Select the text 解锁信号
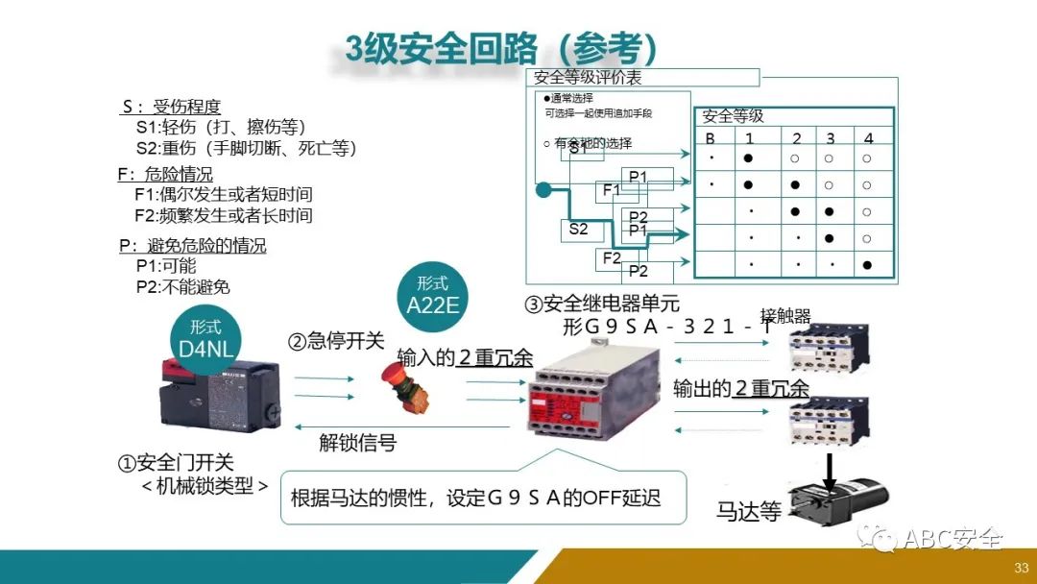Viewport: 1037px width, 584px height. point(357,443)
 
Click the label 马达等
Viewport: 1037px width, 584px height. point(748,511)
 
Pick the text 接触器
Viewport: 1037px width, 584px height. point(785,316)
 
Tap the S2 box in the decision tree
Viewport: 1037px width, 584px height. point(578,230)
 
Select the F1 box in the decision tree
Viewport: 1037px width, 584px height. point(612,190)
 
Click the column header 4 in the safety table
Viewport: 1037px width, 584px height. point(868,138)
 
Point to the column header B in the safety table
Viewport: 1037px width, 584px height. point(711,138)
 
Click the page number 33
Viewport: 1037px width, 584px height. point(1022,568)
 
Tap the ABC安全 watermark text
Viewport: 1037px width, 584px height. point(953,539)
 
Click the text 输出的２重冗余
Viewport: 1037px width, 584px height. point(740,388)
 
